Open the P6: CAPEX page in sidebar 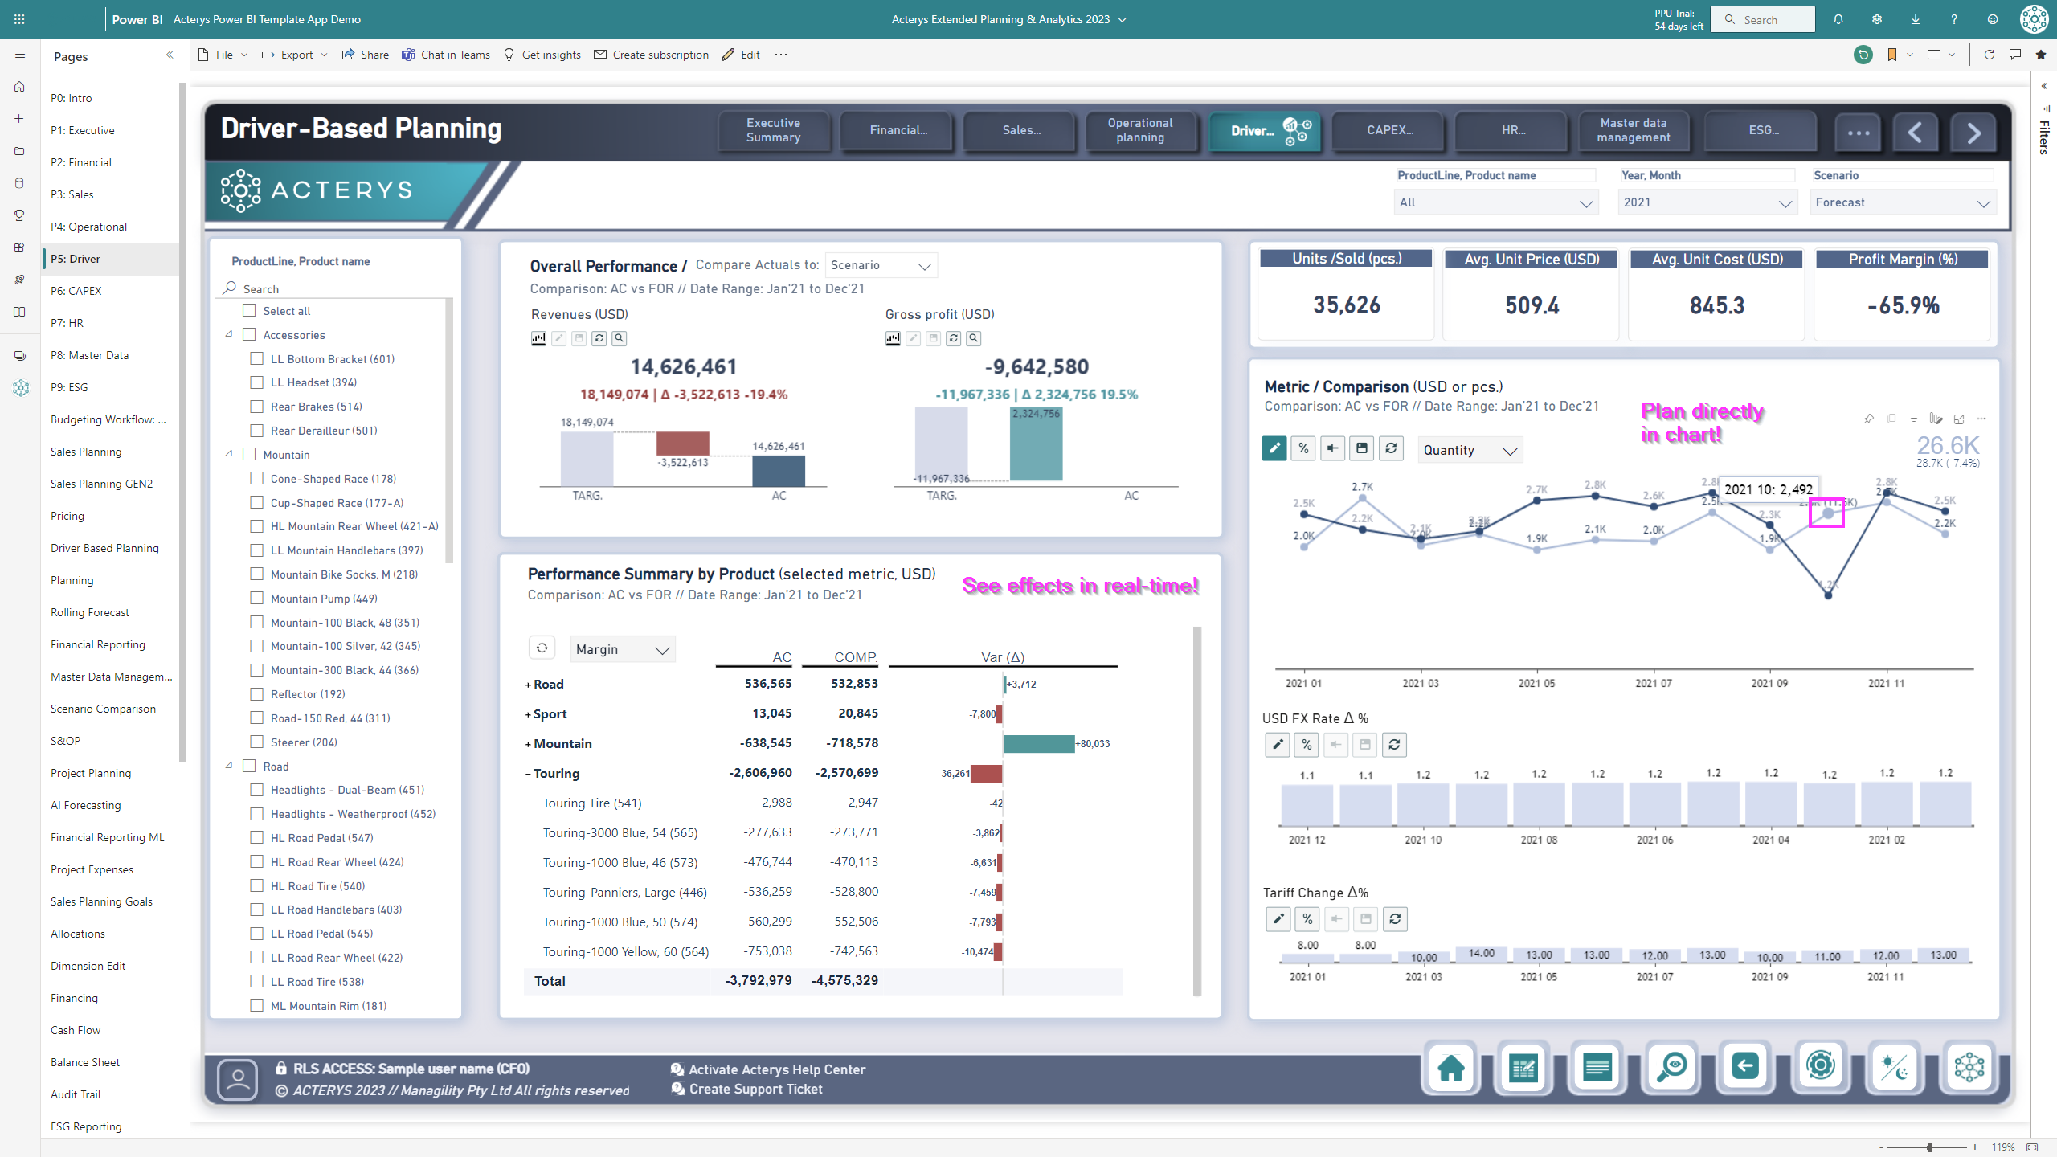(x=76, y=291)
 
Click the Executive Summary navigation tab (x=773, y=130)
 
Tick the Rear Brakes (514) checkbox (x=257, y=407)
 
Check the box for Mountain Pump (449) (x=257, y=599)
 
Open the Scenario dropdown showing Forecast (x=1902, y=202)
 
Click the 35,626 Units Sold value (x=1347, y=305)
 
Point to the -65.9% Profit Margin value (x=1903, y=306)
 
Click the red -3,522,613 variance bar (x=682, y=444)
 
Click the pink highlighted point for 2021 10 (x=1827, y=513)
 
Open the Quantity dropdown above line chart (x=1470, y=451)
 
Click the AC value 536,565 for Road (x=767, y=684)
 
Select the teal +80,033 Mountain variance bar (x=1038, y=744)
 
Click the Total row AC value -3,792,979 (x=759, y=981)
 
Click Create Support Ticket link (x=755, y=1090)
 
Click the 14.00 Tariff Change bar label (x=1482, y=954)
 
